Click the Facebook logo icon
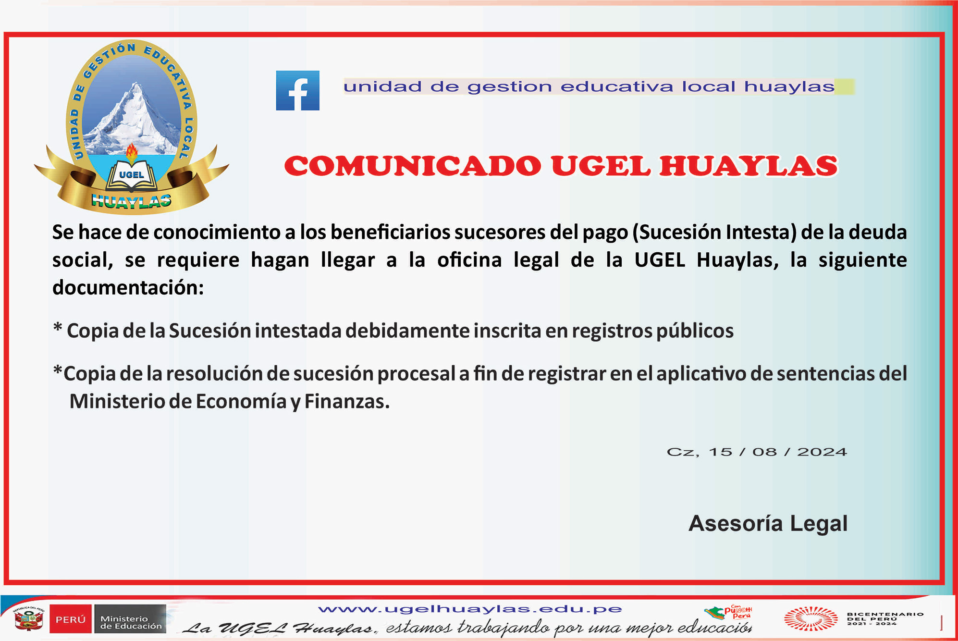tap(297, 90)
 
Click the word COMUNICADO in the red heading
tap(413, 166)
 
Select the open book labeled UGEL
tap(131, 176)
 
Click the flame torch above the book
tap(131, 153)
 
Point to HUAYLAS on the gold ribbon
tap(131, 201)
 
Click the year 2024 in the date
tap(822, 452)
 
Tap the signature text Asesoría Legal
tap(768, 524)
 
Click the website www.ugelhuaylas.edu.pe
tap(470, 609)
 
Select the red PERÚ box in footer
tap(71, 619)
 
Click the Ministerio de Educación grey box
tap(130, 619)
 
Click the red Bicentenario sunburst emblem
tap(811, 618)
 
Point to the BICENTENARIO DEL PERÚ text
tap(885, 618)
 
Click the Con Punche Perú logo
tap(728, 612)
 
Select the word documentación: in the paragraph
tap(128, 288)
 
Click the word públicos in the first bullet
tap(695, 331)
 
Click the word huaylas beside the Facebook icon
tap(789, 86)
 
